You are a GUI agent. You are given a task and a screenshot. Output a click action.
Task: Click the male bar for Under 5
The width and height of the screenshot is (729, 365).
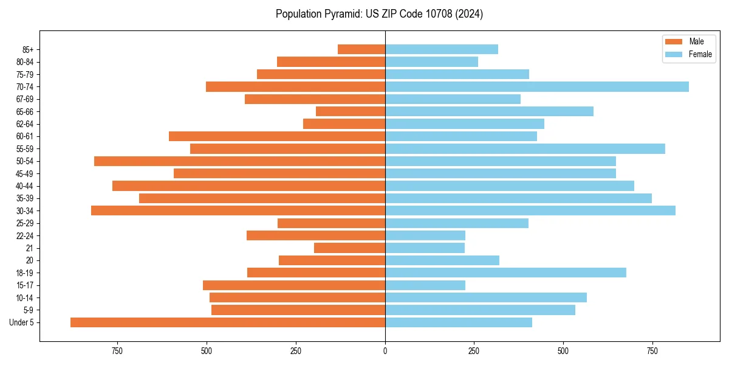pos(228,322)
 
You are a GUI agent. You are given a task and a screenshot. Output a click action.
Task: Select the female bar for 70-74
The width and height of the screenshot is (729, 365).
pos(537,87)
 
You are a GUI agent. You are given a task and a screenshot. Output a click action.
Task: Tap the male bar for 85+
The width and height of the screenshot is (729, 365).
pos(361,49)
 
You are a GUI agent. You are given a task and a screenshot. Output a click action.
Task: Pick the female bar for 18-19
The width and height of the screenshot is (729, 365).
pos(505,273)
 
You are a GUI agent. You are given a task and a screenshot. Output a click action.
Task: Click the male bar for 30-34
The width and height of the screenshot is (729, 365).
pos(238,210)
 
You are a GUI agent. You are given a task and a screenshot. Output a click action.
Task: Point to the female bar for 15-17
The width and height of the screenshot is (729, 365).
pos(425,285)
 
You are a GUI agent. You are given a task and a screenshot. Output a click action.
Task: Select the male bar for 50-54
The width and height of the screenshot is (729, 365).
pos(239,161)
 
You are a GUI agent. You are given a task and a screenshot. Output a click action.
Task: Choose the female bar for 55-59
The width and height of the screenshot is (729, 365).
pos(525,148)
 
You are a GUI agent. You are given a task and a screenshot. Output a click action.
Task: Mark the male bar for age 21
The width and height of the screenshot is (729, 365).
pos(349,248)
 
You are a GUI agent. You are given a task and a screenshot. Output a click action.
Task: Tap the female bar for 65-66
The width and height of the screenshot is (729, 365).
pos(489,111)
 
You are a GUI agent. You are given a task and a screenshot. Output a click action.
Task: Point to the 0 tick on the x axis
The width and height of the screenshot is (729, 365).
pos(385,351)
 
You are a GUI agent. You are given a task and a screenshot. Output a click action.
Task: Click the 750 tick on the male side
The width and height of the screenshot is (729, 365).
pos(117,351)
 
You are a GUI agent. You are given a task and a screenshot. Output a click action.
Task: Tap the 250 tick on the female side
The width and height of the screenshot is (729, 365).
pos(474,351)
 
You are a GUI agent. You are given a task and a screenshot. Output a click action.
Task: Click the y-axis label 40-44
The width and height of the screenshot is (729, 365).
pos(25,186)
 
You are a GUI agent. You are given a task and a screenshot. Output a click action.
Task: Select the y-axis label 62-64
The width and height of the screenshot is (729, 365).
pos(25,124)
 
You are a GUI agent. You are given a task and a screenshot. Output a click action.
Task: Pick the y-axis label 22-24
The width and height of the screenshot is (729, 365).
pos(25,236)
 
